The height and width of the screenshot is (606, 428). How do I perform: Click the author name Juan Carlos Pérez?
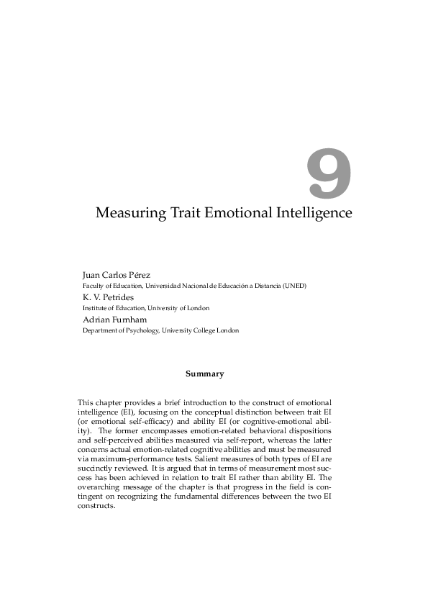[x=124, y=275]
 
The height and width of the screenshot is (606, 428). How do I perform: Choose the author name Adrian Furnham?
[x=114, y=320]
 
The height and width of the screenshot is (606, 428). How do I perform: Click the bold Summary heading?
[x=204, y=374]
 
